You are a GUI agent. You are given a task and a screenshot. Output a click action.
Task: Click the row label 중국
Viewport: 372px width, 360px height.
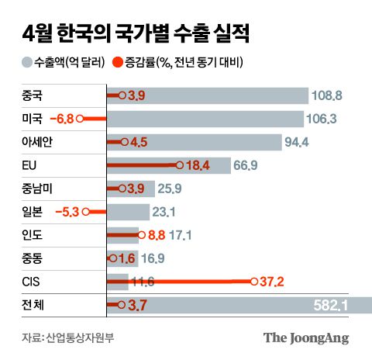pos(33,95)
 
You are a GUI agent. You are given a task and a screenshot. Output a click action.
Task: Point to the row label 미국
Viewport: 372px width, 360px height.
pos(33,119)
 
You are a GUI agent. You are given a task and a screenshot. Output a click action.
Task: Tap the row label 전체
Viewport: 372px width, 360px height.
pos(33,306)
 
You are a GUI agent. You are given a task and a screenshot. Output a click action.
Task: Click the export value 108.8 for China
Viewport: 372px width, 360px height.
pos(330,95)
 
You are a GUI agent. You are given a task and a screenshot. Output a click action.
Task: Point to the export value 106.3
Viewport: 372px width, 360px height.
pos(325,119)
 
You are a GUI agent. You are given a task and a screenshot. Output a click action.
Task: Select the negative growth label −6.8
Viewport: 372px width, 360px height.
pos(60,119)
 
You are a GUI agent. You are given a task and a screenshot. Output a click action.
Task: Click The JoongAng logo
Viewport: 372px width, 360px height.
pos(305,337)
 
